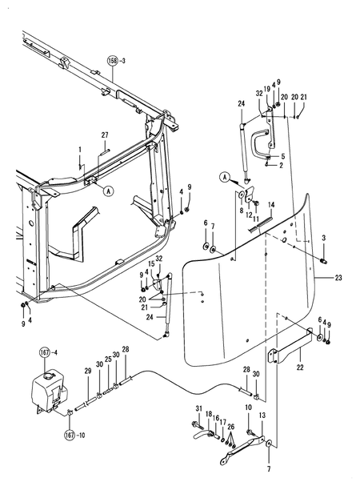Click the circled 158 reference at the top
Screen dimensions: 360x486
tap(113, 61)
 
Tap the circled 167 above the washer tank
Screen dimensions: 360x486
tap(44, 352)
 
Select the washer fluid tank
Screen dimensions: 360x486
tap(50, 392)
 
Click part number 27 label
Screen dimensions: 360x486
tap(105, 135)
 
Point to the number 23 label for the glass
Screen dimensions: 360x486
tap(338, 277)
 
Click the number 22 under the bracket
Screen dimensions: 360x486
tap(300, 368)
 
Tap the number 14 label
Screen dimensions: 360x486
tap(271, 205)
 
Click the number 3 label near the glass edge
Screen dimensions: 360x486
tap(324, 238)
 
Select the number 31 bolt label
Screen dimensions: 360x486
tap(199, 409)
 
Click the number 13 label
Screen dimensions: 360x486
tap(262, 415)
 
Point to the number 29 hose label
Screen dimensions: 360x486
tap(88, 371)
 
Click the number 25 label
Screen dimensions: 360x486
tap(108, 359)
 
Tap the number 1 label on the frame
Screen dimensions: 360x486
tap(80, 150)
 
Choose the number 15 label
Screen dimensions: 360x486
tap(151, 263)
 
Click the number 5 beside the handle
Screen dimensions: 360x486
tap(283, 156)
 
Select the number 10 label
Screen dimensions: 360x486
tap(249, 408)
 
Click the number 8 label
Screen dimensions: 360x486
tap(242, 211)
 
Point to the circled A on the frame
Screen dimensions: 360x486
tap(109, 191)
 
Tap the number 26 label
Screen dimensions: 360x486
tap(231, 427)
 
